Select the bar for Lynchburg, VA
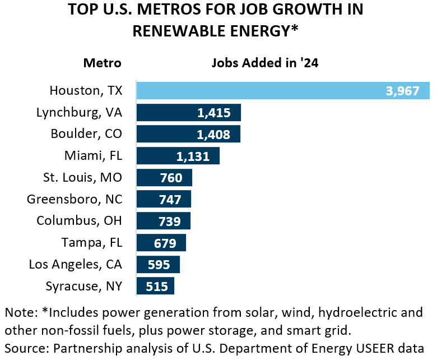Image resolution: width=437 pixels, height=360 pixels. (x=168, y=113)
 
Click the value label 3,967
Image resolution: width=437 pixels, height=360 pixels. (x=402, y=91)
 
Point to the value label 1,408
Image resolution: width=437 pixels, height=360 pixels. (x=213, y=135)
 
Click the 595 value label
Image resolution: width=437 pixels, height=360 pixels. (x=159, y=265)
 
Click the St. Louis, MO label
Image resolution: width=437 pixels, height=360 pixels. (x=82, y=178)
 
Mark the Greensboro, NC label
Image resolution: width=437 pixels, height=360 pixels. (x=75, y=199)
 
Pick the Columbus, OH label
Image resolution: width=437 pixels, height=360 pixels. (x=79, y=221)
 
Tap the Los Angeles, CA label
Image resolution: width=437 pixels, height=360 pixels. (x=75, y=264)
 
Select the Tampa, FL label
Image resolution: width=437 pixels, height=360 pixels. (x=92, y=243)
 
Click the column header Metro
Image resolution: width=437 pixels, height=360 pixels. (x=102, y=63)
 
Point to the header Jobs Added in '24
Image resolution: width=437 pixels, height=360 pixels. (x=264, y=63)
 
